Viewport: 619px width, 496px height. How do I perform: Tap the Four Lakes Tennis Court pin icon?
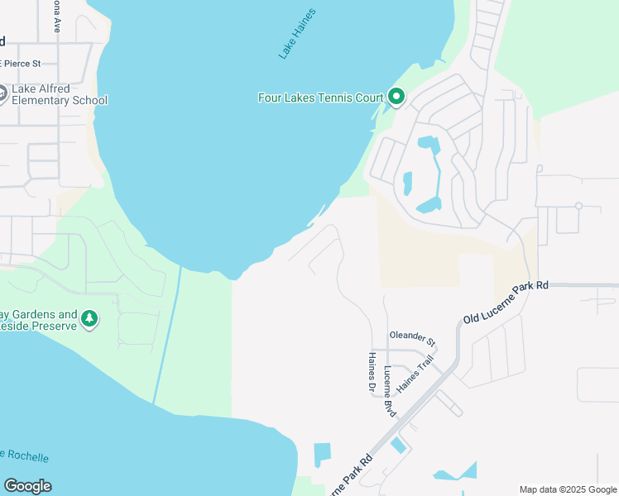396,98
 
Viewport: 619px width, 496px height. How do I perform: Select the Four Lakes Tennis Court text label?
321,98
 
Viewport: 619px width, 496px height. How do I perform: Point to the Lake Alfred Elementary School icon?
2,93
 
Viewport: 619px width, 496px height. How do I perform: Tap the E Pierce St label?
21,64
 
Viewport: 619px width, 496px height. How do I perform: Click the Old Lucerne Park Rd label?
505,301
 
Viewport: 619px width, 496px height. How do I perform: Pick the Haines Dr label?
371,371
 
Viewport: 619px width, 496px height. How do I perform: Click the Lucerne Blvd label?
389,388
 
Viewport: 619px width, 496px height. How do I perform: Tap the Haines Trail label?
415,374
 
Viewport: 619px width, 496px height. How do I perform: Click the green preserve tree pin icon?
89,318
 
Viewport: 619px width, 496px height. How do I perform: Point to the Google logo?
27,486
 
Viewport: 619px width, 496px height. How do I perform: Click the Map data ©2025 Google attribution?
568,489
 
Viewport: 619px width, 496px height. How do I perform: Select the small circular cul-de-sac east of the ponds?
578,206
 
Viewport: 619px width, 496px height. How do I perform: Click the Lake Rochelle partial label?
25,456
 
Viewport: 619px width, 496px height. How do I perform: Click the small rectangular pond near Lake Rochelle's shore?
322,454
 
